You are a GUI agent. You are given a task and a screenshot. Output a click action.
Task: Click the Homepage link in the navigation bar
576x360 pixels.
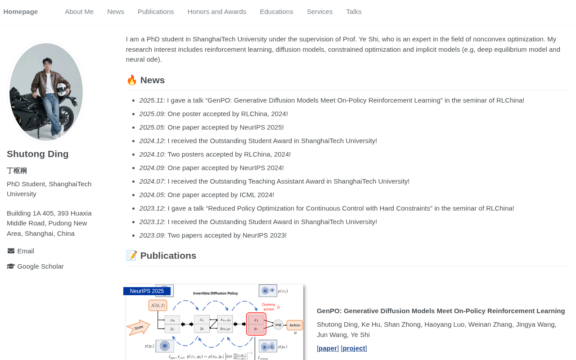[21, 12]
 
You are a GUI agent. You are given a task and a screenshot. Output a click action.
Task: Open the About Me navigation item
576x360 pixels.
[79, 12]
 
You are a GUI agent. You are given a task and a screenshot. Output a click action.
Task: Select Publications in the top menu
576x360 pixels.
[156, 12]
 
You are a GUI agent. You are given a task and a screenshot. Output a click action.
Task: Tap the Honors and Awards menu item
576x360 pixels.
[217, 12]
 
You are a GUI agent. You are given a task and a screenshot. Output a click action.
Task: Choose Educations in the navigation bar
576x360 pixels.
[276, 12]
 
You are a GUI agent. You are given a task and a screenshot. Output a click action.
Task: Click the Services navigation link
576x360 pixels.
[319, 12]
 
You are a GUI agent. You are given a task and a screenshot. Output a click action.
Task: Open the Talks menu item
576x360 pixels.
[354, 12]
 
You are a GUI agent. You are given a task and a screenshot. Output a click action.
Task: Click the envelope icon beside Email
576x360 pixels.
[11, 251]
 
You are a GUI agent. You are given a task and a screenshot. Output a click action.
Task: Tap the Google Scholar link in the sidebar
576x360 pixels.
[40, 266]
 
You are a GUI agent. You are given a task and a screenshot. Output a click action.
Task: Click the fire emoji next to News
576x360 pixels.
[132, 80]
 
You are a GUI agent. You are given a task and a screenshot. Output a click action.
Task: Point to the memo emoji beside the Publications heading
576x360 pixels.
[132, 256]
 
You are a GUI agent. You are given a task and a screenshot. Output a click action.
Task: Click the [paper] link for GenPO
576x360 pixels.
[328, 348]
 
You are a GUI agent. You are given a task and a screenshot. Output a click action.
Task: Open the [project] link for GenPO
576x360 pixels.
[354, 348]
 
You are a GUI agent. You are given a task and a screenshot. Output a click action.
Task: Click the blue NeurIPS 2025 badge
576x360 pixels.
[147, 291]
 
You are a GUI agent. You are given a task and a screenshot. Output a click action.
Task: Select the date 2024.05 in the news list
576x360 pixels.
[152, 195]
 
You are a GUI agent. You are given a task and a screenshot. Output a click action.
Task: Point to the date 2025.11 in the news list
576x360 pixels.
[151, 100]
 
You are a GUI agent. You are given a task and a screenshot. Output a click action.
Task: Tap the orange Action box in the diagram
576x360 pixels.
[295, 325]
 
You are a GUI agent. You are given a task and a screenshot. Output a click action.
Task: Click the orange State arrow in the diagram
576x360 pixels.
[138, 327]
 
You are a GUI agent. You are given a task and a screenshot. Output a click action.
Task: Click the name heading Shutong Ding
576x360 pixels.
[37, 154]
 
